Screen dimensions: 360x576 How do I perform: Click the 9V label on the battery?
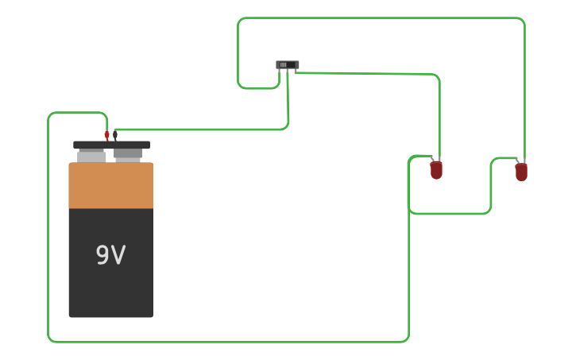[110, 255]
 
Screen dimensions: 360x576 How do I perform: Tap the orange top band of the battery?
[110, 186]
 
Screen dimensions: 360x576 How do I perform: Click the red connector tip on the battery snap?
[106, 136]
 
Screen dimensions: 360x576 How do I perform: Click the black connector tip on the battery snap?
[115, 135]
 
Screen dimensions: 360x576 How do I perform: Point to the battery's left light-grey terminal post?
[91, 157]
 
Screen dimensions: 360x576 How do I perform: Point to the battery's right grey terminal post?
[128, 153]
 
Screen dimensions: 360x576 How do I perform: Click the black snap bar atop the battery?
[111, 145]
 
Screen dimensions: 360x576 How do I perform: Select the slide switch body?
[288, 64]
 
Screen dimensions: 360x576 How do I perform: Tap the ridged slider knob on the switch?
[283, 64]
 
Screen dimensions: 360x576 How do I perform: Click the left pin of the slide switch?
[280, 72]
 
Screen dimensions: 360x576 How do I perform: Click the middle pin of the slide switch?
[288, 72]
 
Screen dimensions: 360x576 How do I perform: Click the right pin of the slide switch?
[295, 72]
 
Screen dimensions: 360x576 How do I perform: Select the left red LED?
[436, 170]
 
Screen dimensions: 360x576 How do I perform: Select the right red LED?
[521, 172]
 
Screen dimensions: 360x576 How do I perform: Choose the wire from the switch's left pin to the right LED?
[381, 18]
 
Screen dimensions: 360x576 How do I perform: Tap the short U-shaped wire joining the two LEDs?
[449, 214]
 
